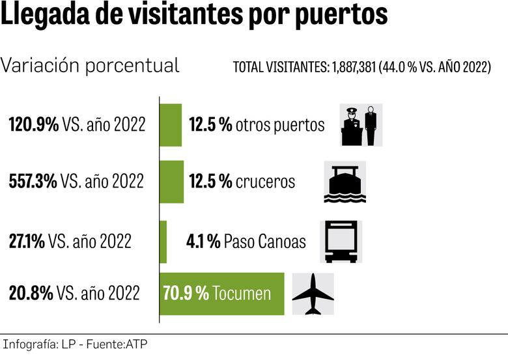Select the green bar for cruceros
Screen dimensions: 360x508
coord(172,182)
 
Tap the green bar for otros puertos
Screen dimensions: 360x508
coord(171,124)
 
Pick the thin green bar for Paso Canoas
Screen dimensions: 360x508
coord(163,242)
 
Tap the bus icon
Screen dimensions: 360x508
coord(341,242)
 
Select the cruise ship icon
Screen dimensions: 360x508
coord(345,182)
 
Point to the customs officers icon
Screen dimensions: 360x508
coord(361,124)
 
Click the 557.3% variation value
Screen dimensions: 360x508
coord(33,182)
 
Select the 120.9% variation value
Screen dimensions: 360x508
coord(33,124)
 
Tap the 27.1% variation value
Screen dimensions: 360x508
coord(27,242)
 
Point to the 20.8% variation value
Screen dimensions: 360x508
coord(31,294)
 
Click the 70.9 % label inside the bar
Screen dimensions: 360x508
coord(186,294)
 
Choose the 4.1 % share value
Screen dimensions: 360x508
coord(203,242)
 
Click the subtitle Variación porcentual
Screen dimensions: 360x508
coord(91,66)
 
